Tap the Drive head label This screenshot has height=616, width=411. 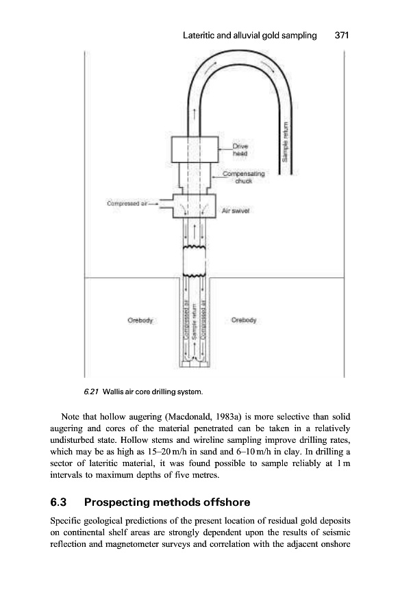click(x=240, y=151)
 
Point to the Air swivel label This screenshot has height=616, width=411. click(x=236, y=211)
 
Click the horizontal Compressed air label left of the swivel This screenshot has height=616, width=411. click(x=132, y=203)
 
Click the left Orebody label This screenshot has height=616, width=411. click(x=140, y=320)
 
